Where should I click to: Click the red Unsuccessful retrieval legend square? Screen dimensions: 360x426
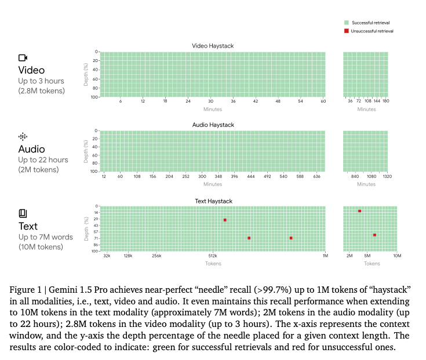tap(345, 31)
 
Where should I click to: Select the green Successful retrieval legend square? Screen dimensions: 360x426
tap(345, 22)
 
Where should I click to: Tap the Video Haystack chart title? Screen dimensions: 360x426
tap(213, 46)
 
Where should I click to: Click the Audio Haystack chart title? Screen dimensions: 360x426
tap(213, 125)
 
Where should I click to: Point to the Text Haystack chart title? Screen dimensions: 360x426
tap(213, 201)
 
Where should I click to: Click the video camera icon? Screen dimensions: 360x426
tap(23, 57)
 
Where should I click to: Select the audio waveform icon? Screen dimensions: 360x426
tap(23, 137)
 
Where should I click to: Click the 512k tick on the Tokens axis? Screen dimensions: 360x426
tap(212, 256)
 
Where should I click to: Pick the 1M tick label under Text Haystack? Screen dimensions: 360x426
tap(325, 256)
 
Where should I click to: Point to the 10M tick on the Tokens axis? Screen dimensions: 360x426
tap(397, 256)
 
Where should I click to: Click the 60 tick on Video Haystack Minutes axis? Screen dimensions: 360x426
tap(323, 101)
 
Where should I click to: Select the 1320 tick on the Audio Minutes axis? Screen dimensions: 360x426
tap(388, 176)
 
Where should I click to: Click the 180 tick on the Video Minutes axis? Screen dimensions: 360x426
tap(386, 101)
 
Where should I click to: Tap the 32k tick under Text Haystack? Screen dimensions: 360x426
tap(107, 256)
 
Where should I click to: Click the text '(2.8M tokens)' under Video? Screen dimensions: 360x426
tap(41, 91)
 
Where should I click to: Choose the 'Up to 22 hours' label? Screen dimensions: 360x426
tap(43, 160)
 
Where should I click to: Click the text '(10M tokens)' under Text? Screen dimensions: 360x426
tap(41, 248)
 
